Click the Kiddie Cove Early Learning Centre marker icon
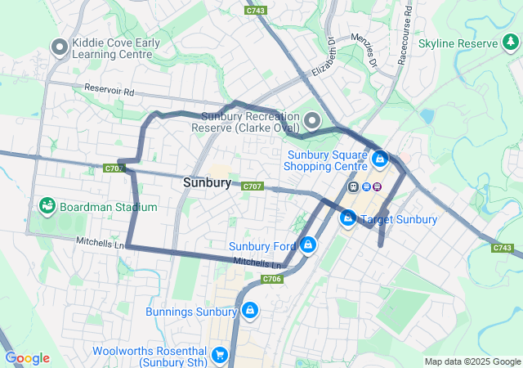pos(59,47)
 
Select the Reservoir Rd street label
pos(109,90)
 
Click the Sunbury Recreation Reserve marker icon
pos(312,122)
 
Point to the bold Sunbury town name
pos(207,183)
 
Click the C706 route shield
pos(272,279)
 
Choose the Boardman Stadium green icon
pos(47,207)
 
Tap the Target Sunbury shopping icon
pos(348,219)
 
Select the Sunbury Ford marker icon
pos(308,245)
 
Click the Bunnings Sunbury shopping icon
pos(249,312)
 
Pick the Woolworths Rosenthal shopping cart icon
pos(219,355)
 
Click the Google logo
pos(27,358)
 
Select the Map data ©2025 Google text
pos(472,361)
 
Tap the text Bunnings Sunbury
pos(190,312)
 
